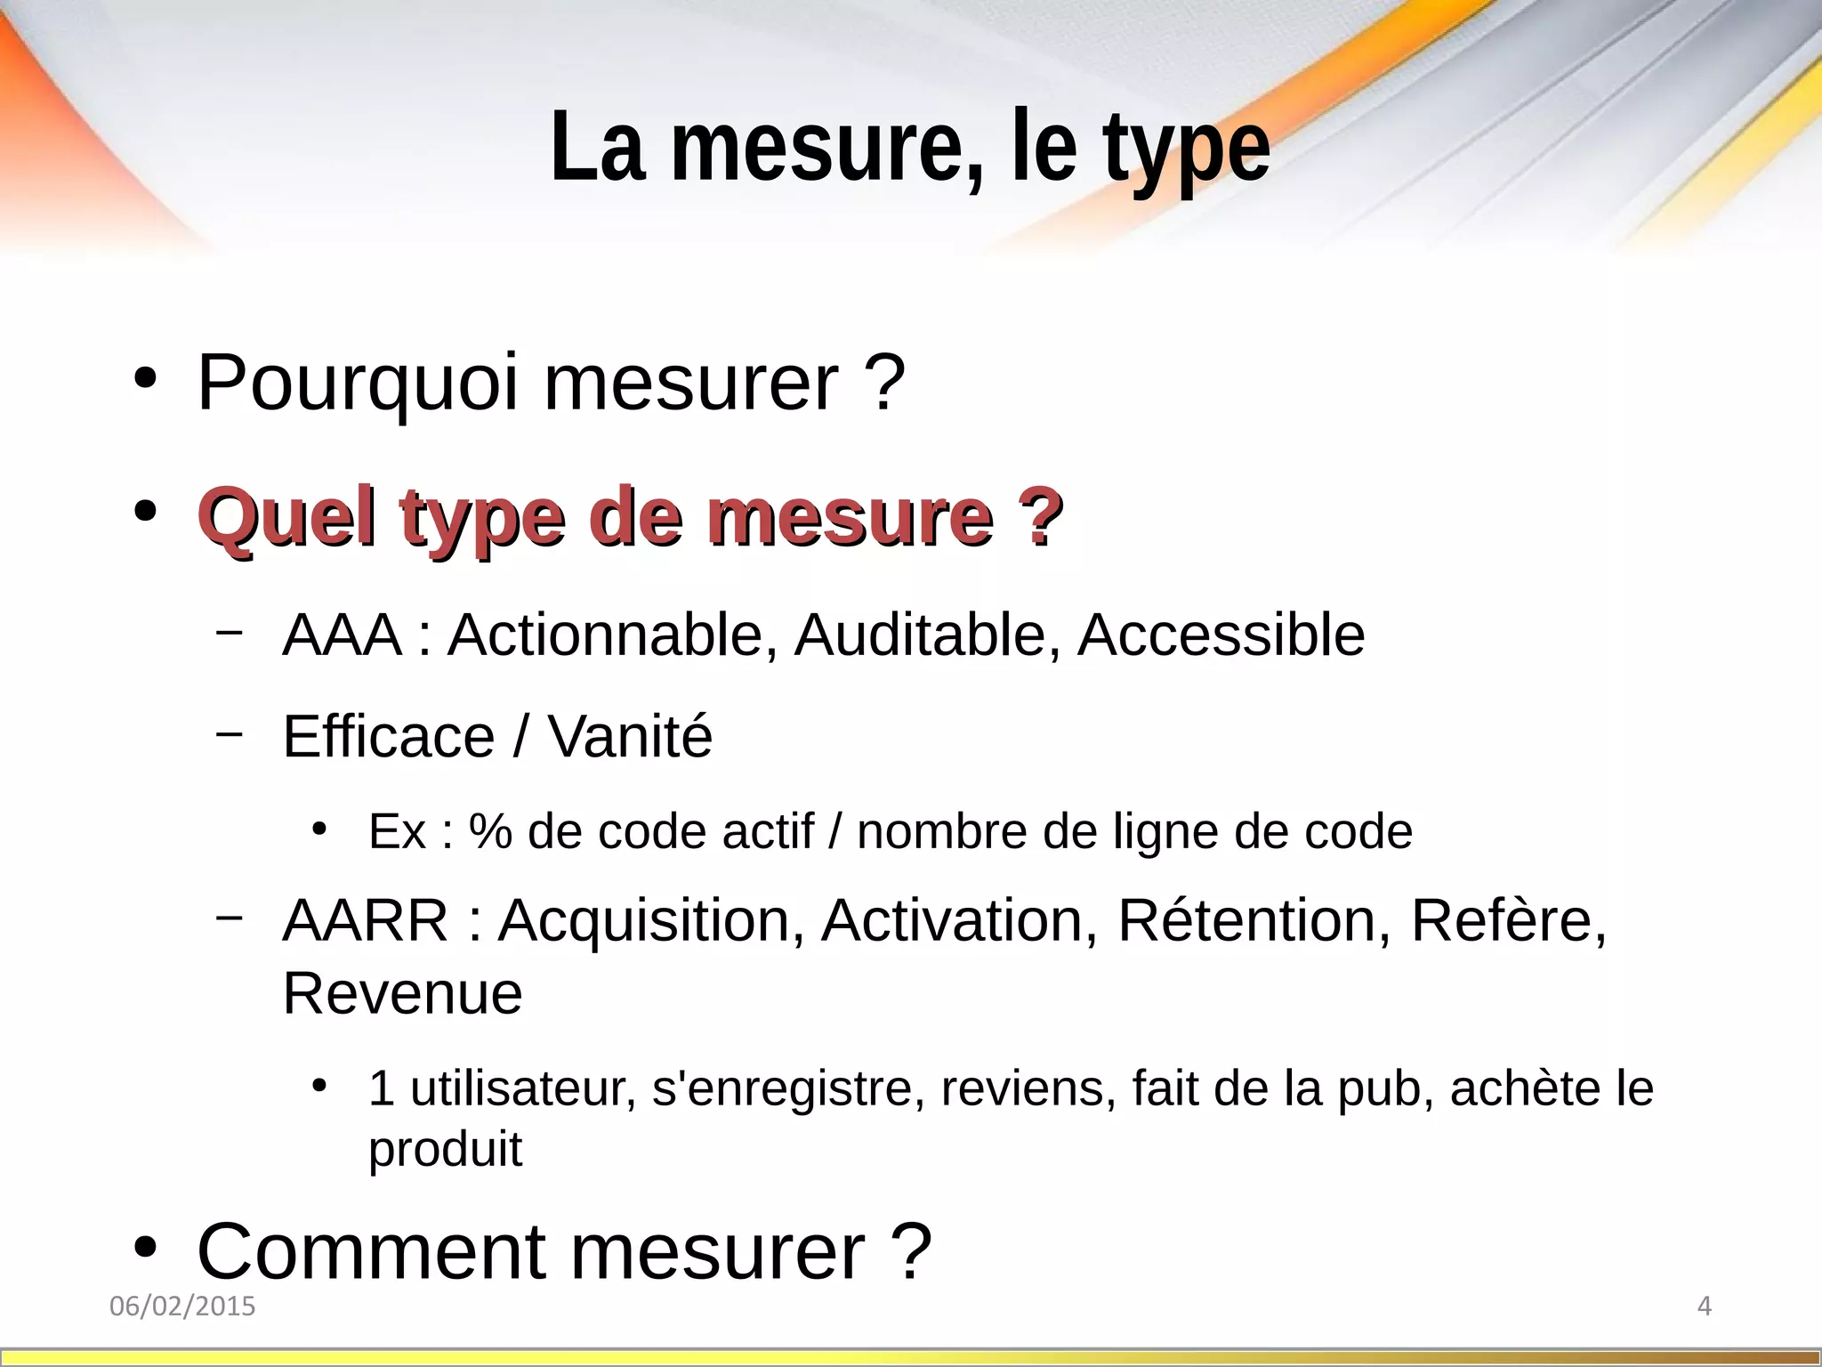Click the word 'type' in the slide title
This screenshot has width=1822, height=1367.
coord(1186,150)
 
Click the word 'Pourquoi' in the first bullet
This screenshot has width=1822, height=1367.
coord(357,383)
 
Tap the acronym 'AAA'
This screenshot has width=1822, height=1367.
coord(342,635)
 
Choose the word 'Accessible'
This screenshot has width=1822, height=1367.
coord(1221,635)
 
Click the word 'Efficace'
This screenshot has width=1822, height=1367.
coord(389,737)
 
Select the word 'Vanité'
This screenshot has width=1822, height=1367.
coord(630,737)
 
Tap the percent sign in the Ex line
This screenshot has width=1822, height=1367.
coord(490,832)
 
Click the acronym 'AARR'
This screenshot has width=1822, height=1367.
coord(365,920)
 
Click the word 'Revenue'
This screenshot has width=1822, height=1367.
coord(402,994)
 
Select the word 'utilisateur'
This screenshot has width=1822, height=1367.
coord(523,1088)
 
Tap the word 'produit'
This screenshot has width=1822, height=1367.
coord(445,1150)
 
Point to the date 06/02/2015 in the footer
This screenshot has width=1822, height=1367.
coord(182,1306)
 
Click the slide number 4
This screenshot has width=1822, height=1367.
coord(1705,1306)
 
